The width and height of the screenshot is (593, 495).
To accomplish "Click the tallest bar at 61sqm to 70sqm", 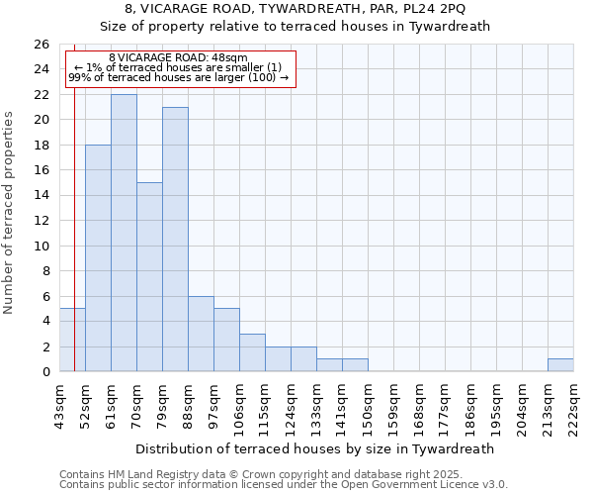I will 124,233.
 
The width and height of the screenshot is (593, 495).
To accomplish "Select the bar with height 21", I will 175,239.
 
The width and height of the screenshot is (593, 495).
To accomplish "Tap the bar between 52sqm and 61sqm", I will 98,257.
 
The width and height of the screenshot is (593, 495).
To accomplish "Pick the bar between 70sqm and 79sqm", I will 149,276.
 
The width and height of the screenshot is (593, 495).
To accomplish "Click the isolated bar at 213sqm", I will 560,365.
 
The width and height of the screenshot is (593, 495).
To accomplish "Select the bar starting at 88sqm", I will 201,334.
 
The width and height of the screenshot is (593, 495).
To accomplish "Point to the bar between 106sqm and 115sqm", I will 252,352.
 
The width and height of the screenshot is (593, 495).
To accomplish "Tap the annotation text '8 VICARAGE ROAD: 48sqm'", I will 178,58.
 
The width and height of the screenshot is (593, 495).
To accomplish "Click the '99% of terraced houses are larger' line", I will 178,77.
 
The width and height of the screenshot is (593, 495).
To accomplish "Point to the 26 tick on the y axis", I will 42,45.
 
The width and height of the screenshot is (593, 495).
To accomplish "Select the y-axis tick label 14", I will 42,195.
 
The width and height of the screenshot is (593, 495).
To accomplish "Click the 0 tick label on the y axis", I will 45,371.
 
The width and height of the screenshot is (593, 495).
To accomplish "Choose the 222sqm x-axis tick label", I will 573,403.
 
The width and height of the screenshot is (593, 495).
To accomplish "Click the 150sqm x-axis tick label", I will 368,403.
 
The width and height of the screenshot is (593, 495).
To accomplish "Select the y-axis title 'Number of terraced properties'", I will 9,213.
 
